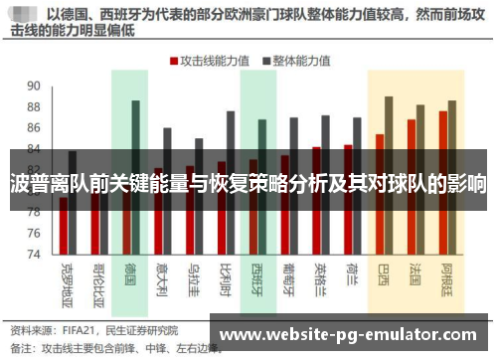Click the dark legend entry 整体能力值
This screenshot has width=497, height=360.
[297, 60]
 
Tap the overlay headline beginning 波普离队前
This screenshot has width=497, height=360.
[248, 184]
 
